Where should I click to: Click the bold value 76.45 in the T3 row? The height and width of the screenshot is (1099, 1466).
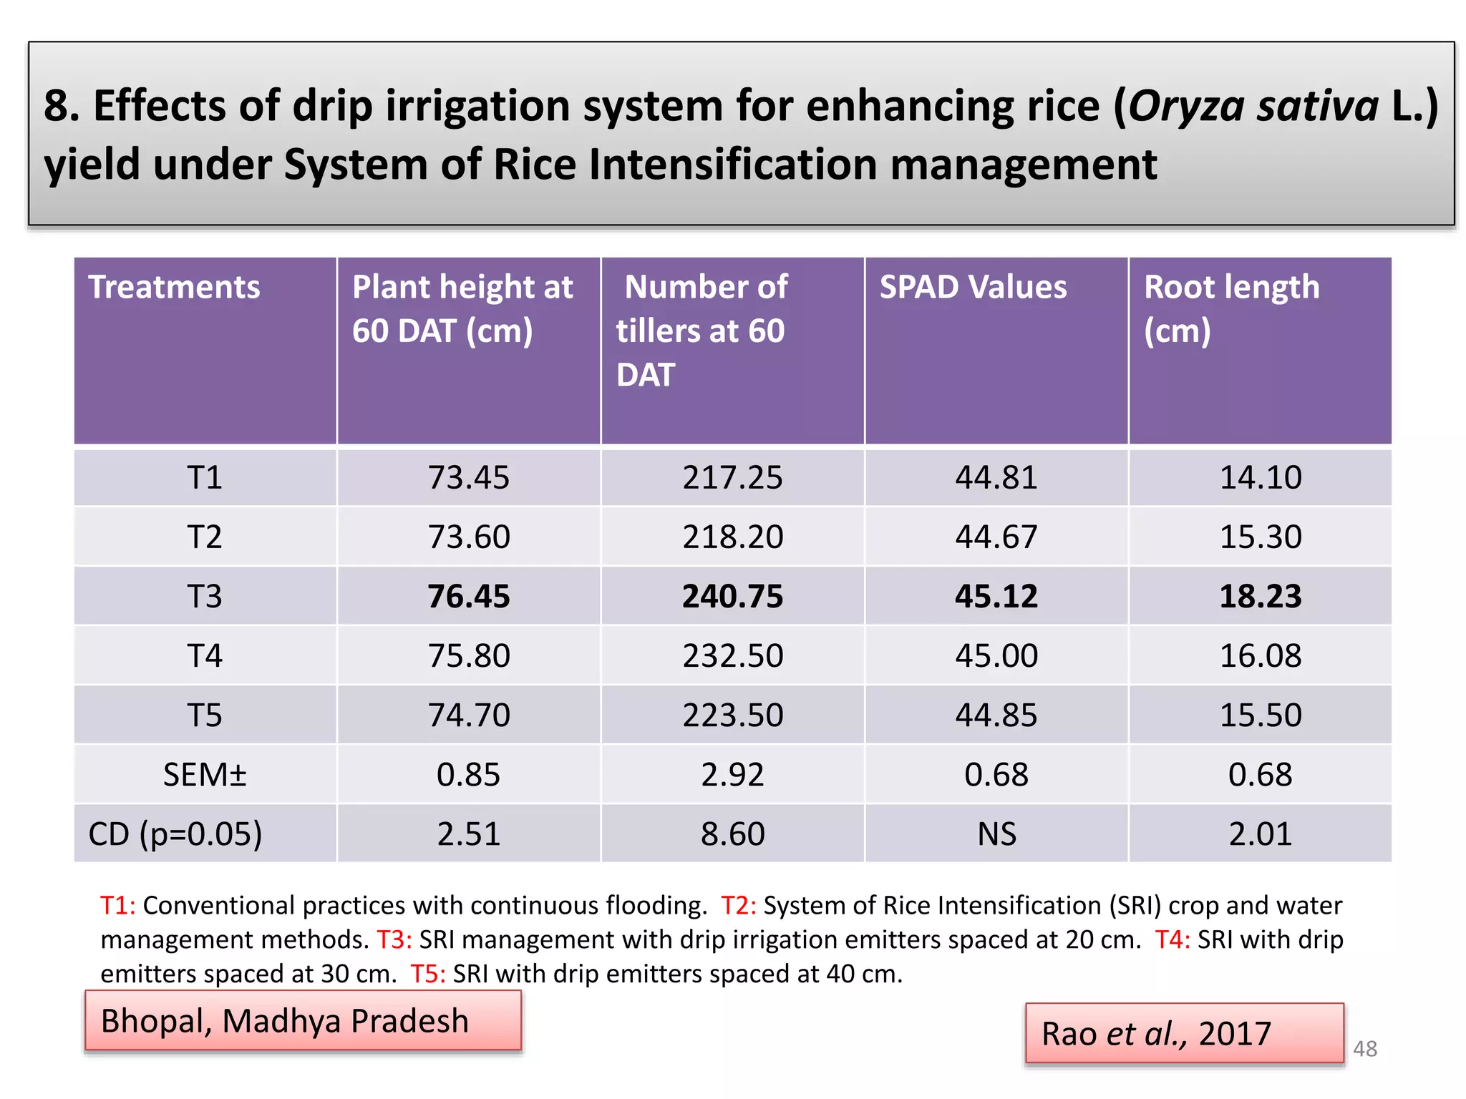[469, 596]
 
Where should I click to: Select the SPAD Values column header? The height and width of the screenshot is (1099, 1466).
[973, 287]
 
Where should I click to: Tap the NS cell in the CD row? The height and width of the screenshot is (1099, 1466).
[996, 834]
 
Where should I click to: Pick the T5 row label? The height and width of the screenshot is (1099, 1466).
[205, 715]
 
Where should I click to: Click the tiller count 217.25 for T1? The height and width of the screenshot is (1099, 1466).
[732, 477]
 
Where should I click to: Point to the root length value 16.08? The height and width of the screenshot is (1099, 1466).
[1260, 655]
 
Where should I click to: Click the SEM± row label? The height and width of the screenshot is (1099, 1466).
[205, 774]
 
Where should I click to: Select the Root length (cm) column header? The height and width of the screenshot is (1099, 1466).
[1231, 308]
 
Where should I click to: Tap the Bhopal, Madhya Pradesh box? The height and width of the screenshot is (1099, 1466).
[303, 1021]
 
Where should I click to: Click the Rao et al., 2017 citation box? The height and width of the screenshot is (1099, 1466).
[1184, 1033]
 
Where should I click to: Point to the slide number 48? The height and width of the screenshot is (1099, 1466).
[1364, 1049]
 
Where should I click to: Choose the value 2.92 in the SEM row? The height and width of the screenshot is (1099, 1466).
[732, 774]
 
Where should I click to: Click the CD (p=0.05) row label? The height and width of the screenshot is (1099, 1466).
[175, 834]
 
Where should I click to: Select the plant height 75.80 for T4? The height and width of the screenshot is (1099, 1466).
[469, 655]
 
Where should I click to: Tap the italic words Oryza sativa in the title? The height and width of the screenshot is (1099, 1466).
[1253, 106]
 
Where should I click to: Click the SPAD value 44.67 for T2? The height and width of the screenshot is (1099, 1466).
[996, 537]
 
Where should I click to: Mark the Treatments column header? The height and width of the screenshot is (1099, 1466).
[174, 287]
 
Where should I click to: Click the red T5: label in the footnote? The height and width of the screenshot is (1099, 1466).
[428, 974]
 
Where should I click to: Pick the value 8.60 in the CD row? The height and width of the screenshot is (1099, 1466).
[732, 834]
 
